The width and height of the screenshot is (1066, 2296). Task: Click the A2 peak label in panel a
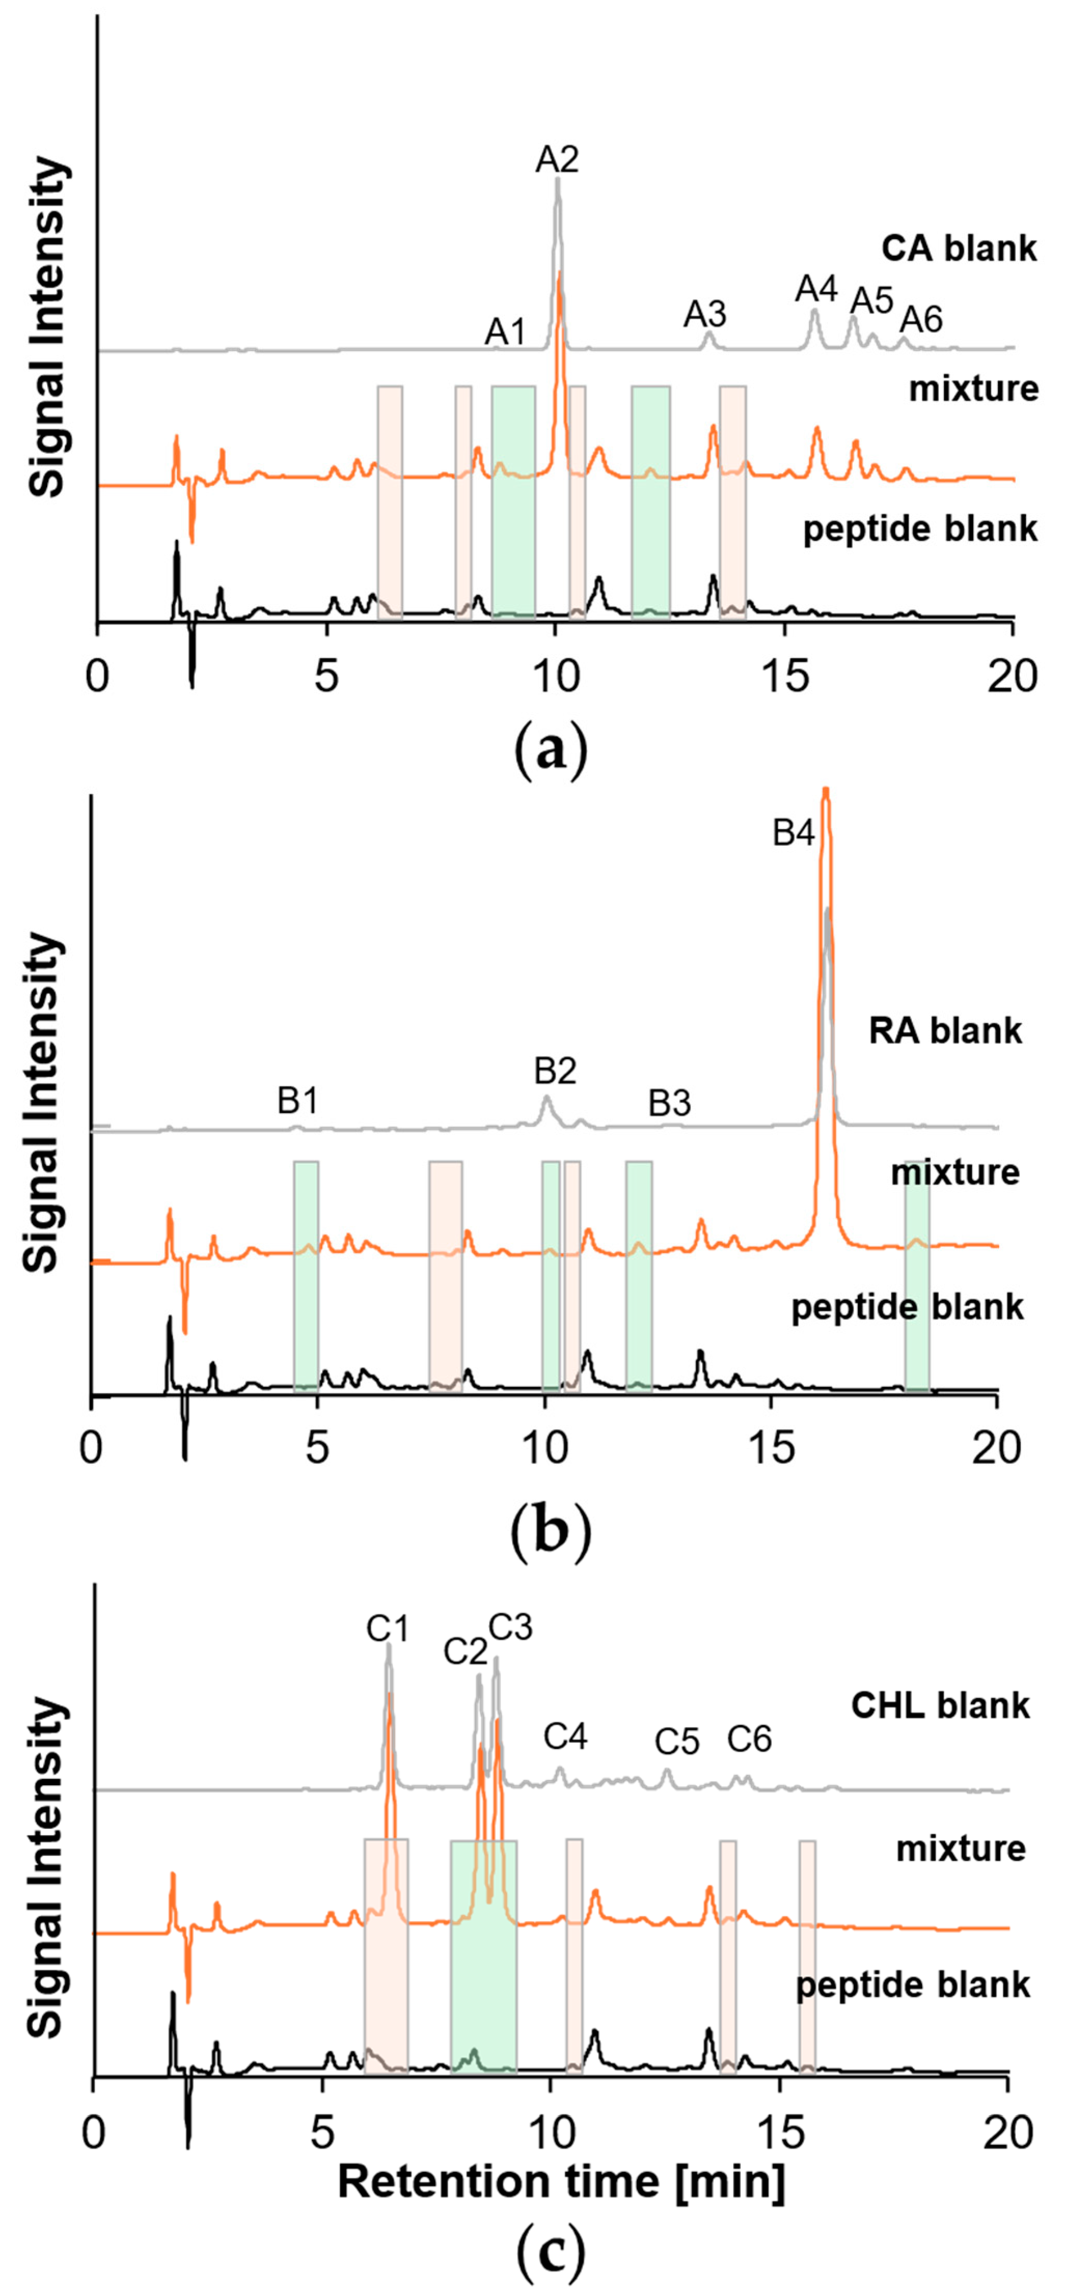[557, 160]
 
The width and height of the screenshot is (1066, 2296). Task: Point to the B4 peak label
[793, 833]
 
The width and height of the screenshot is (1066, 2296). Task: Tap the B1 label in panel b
[298, 1102]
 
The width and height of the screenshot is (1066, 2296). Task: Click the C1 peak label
[387, 1629]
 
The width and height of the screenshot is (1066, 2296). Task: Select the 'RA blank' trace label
[946, 1031]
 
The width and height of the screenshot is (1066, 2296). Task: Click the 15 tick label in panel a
[785, 677]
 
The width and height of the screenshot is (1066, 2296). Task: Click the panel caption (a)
[552, 751]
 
